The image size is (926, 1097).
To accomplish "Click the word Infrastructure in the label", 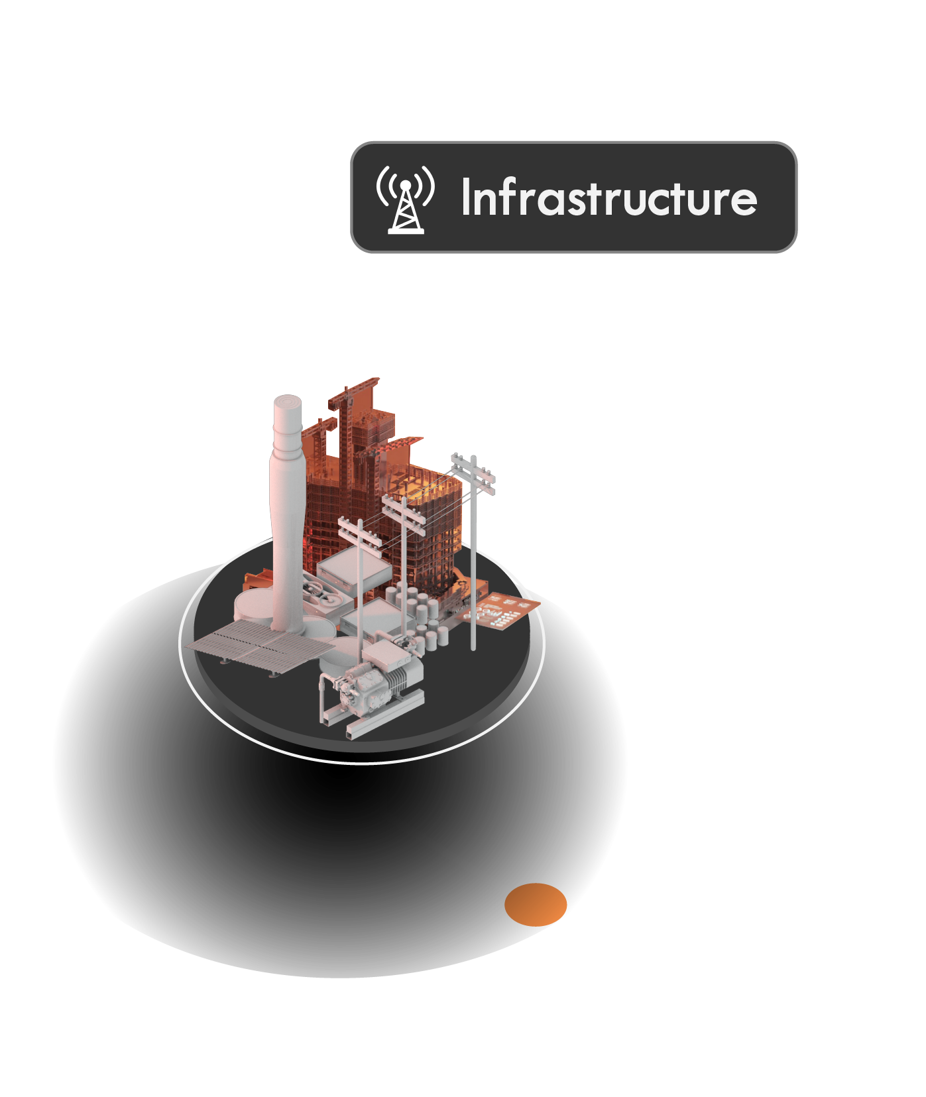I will [x=608, y=198].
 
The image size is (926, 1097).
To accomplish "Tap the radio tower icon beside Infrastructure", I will [x=405, y=199].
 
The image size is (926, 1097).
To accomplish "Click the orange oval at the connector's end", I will [x=536, y=904].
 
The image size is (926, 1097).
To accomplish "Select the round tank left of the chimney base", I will [x=252, y=605].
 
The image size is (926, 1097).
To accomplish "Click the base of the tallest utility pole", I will [x=473, y=646].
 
